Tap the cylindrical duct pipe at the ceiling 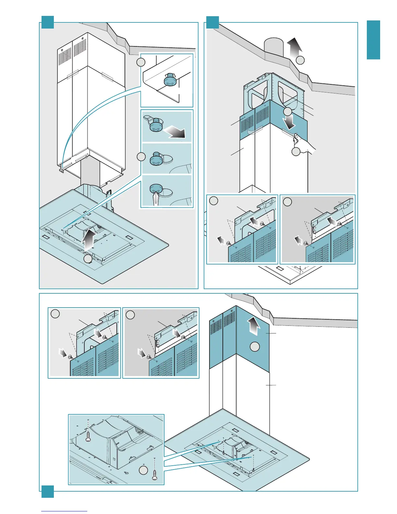(273, 47)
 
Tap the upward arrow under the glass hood (88, 239)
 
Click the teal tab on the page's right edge (373, 40)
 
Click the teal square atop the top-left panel (48, 22)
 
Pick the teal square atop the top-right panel (212, 22)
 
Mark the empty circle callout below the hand (296, 152)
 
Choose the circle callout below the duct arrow (300, 60)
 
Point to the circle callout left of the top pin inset (141, 62)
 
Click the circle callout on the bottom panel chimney (255, 347)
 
